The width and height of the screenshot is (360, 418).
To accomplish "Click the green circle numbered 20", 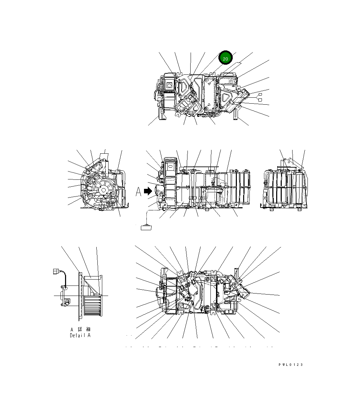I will (225, 59).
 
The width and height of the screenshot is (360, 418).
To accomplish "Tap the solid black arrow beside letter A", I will (149, 191).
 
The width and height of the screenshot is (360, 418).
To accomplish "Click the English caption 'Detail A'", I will (80, 335).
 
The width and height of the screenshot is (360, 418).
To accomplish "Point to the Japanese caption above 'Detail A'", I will (80, 329).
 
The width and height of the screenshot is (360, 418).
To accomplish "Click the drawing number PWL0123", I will (290, 364).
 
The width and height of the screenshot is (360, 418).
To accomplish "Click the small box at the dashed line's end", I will (146, 228).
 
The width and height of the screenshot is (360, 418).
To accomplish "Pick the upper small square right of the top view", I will (259, 95).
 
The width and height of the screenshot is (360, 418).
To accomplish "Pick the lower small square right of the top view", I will (259, 100).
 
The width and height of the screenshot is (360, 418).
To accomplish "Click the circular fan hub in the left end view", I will (103, 190).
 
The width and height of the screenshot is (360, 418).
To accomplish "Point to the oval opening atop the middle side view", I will (170, 167).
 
